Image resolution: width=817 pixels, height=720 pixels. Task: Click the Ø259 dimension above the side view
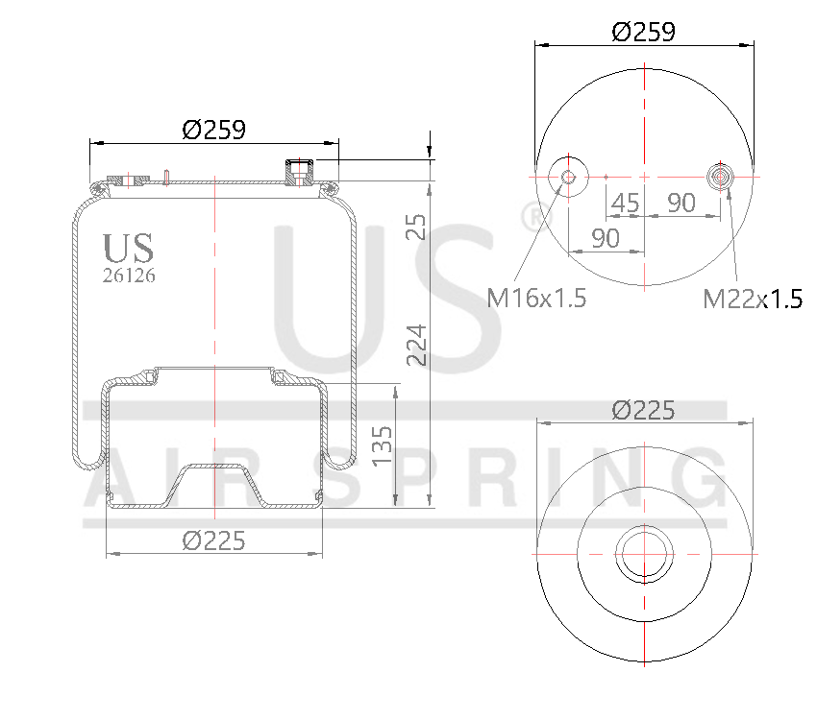pos(213,129)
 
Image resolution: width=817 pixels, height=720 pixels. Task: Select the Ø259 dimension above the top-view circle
pos(643,32)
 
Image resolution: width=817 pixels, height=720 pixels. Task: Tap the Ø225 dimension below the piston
pos(213,540)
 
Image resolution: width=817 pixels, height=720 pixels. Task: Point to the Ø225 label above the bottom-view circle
pos(643,410)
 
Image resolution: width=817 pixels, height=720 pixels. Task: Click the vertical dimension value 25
pos(415,227)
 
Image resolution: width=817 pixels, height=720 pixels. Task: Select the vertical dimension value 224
pos(415,344)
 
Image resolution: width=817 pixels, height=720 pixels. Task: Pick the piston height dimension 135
pos(381,444)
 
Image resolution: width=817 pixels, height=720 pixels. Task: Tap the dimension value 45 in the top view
pos(625,203)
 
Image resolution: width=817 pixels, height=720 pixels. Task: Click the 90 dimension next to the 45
pos(681,203)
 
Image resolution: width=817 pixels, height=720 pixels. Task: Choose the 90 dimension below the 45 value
pos(605,238)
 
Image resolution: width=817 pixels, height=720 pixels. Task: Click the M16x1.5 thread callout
pos(536,299)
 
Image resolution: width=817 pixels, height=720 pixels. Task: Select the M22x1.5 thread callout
pos(753,299)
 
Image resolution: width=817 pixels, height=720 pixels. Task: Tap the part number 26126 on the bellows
pos(129,275)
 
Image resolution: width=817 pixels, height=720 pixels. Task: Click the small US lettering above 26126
pos(129,249)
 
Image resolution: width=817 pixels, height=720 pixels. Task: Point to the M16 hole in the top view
pos(567,177)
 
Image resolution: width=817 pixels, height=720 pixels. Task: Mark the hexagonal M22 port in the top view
pos(719,177)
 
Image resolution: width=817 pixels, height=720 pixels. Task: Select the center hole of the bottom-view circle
pos(643,555)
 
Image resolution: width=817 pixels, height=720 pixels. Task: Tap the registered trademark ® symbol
pos(532,216)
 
